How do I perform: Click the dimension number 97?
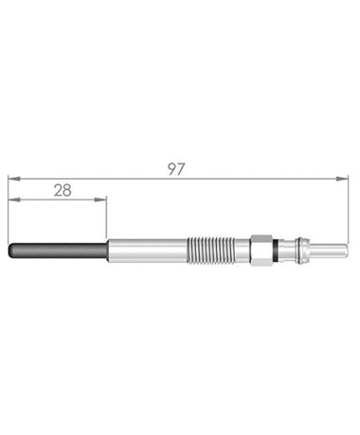point(177,169)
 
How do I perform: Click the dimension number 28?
point(63,191)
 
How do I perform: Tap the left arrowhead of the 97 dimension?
point(14,179)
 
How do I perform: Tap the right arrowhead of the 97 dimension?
point(342,179)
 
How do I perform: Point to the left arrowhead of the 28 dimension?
point(14,199)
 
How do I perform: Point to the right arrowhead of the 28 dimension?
point(100,199)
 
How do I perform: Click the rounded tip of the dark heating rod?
point(11,250)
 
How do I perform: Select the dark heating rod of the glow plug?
point(58,250)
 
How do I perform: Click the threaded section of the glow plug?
point(210,250)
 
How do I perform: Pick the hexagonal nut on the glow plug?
point(261,250)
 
